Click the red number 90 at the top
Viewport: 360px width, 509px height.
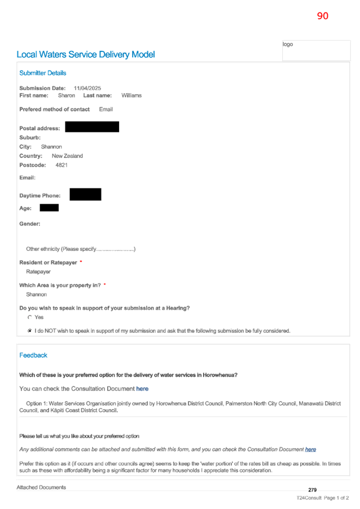click(322, 16)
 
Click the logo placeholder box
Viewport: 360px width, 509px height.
click(316, 50)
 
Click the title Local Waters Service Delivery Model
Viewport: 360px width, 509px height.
click(86, 55)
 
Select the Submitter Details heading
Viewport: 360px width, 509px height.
click(42, 73)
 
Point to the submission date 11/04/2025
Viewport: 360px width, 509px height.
click(87, 88)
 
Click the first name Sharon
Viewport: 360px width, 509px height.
click(67, 95)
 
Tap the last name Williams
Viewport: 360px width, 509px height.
click(131, 95)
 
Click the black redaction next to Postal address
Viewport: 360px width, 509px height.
click(92, 127)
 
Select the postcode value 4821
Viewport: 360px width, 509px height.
click(62, 165)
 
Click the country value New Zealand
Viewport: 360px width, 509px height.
click(67, 156)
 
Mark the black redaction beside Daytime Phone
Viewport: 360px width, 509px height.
click(85, 195)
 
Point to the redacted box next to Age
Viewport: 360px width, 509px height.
click(49, 208)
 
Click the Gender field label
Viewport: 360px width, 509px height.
click(30, 224)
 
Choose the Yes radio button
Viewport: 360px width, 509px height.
click(30, 318)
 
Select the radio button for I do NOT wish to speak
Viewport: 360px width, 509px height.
click(30, 331)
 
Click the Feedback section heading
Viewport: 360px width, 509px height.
click(33, 356)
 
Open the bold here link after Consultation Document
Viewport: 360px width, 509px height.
click(142, 389)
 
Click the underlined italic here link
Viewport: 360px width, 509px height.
click(310, 450)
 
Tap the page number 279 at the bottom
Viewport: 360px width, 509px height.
click(312, 490)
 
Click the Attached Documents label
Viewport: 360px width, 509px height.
click(41, 488)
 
